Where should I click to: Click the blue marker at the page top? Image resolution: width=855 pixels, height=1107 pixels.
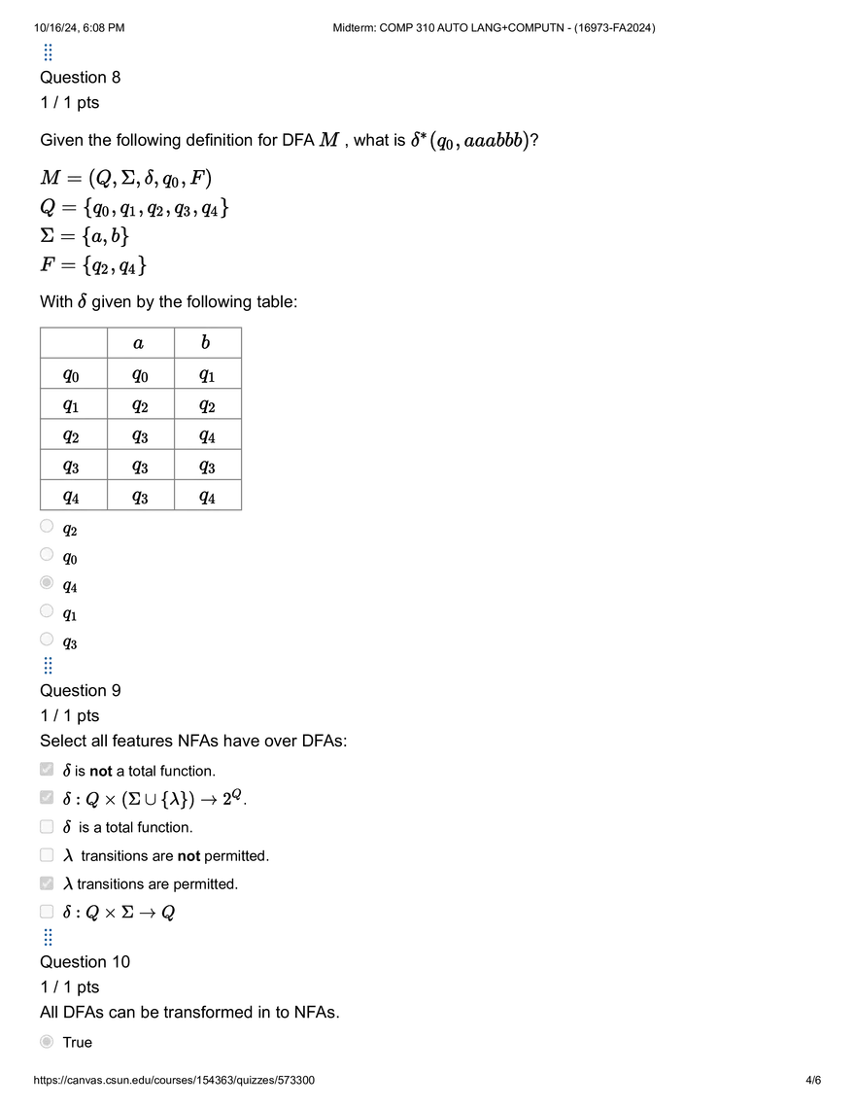click(47, 52)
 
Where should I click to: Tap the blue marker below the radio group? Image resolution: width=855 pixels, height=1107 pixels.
click(47, 665)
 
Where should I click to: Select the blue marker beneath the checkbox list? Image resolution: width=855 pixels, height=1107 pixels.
click(47, 937)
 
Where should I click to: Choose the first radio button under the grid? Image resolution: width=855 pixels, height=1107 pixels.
click(46, 526)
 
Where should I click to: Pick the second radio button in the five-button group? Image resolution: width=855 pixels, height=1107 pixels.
click(46, 554)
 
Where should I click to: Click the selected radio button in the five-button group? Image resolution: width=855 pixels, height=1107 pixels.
click(46, 582)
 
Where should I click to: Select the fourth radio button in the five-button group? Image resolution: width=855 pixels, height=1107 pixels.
click(46, 610)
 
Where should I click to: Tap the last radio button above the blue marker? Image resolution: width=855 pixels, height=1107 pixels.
click(46, 639)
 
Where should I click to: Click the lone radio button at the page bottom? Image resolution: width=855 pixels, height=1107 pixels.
click(46, 1041)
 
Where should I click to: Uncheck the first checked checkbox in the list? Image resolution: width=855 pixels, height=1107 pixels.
click(46, 769)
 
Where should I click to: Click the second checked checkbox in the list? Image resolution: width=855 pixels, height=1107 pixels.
click(46, 797)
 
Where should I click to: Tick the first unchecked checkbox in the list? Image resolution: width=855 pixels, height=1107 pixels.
click(46, 826)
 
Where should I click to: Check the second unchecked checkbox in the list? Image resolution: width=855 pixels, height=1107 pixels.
click(46, 854)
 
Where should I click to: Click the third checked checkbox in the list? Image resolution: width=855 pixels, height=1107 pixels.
click(46, 883)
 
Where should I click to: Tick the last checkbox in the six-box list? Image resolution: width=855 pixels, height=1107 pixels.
click(46, 912)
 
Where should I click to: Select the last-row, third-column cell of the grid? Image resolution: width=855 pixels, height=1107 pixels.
click(206, 498)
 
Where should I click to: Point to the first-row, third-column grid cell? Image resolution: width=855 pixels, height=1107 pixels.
click(206, 342)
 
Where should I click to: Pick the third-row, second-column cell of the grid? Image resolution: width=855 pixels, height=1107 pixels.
click(144, 404)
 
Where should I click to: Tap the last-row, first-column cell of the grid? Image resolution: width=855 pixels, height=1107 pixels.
click(74, 498)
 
